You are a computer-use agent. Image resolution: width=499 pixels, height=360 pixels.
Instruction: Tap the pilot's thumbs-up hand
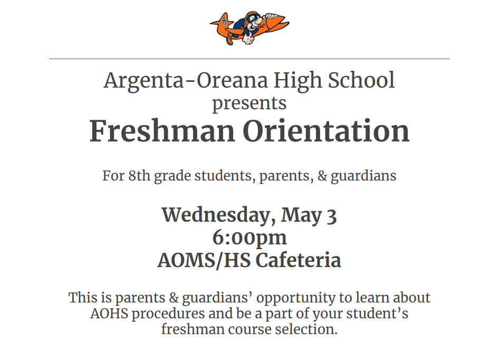248,39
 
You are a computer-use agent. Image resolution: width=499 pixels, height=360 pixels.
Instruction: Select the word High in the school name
298,81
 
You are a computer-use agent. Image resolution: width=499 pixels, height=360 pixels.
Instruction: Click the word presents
249,103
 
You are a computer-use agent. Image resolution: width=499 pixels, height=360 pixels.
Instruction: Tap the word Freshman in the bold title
162,131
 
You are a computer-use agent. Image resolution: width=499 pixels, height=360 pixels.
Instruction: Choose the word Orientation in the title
326,131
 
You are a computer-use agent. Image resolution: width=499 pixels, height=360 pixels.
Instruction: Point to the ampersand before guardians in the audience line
322,176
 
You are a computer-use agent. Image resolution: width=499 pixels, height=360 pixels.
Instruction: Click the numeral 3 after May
332,216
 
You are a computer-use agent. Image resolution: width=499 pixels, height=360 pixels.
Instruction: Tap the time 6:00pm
249,238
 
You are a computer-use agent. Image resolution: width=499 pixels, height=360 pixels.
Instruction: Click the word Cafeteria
298,260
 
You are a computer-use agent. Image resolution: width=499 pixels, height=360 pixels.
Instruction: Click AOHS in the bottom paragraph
109,314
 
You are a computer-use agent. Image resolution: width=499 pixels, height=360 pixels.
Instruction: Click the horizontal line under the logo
249,59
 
